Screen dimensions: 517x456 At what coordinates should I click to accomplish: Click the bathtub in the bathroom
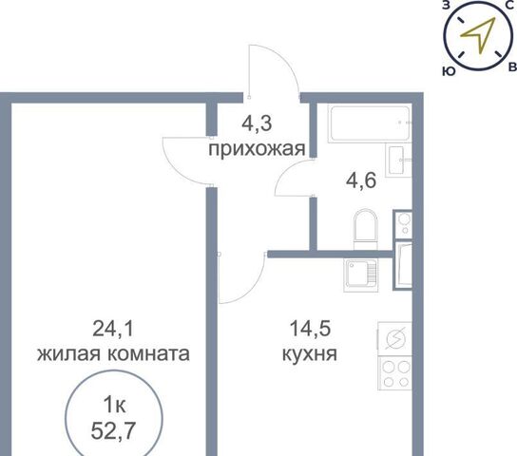(370, 123)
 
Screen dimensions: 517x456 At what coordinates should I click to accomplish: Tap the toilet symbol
(365, 229)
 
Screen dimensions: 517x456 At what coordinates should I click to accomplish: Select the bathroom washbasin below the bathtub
(398, 161)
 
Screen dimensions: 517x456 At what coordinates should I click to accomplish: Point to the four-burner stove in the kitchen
(394, 373)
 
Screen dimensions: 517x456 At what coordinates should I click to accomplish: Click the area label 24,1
(113, 329)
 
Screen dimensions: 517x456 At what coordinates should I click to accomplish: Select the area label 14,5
(310, 329)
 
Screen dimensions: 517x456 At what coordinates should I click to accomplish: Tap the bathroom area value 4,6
(361, 180)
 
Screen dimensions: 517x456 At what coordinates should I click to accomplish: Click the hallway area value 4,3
(257, 123)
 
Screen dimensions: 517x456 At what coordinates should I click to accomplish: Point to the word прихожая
(257, 149)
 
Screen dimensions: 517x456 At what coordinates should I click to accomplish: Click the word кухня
(310, 354)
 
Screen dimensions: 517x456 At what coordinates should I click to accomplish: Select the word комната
(148, 354)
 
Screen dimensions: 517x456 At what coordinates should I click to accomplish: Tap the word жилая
(68, 354)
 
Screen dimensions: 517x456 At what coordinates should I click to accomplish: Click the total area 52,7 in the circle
(113, 430)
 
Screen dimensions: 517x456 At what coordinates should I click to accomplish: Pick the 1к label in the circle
(114, 405)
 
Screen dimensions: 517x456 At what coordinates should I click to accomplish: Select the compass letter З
(446, 5)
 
